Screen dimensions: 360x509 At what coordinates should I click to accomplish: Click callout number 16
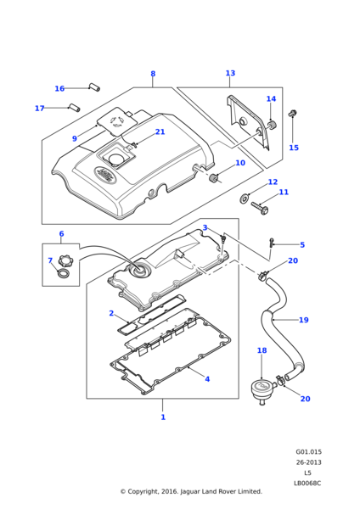(x=59, y=88)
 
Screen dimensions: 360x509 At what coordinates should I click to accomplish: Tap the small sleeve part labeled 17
(x=74, y=107)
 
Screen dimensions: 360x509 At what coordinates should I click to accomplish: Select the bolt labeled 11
(x=259, y=206)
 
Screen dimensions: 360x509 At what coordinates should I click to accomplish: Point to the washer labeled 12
(x=244, y=198)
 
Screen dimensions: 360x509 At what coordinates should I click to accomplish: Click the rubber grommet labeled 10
(x=214, y=178)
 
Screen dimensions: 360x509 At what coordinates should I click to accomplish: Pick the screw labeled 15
(x=292, y=114)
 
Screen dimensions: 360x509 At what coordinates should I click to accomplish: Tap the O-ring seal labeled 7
(x=64, y=273)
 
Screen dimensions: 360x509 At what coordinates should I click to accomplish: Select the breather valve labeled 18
(x=262, y=390)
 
